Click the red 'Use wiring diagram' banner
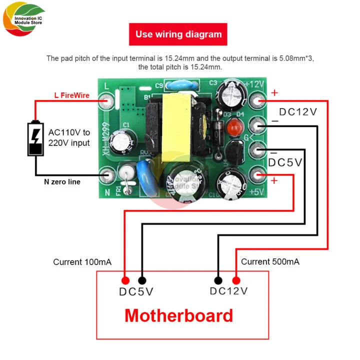(178, 34)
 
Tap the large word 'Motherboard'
(178, 315)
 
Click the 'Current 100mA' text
(82, 262)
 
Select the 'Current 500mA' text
(270, 261)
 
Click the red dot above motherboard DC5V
(124, 280)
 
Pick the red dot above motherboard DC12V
(236, 280)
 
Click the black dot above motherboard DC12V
(218, 280)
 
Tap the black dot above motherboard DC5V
(142, 280)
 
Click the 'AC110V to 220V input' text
(69, 137)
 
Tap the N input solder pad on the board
(106, 175)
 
